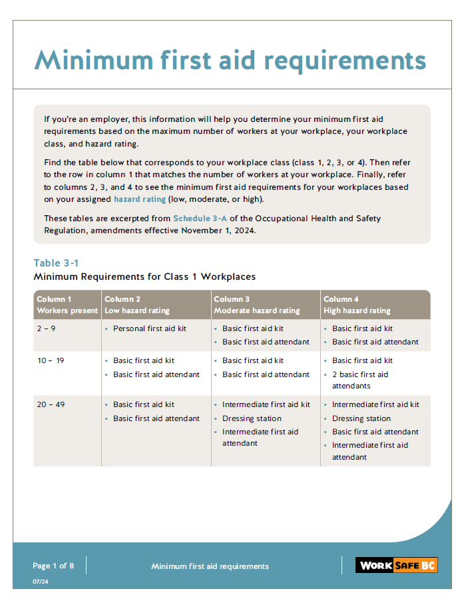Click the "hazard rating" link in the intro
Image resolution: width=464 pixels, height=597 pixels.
tap(140, 199)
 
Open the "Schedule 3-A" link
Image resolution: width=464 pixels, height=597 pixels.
tap(200, 219)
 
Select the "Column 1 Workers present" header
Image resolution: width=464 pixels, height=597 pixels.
tap(67, 305)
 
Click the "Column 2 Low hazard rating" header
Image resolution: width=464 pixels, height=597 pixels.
tap(137, 305)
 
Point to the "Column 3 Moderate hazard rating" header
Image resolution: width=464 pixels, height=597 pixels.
tap(256, 305)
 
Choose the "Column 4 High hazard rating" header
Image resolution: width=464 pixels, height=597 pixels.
tap(357, 305)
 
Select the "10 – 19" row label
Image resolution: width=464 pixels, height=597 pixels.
tap(50, 360)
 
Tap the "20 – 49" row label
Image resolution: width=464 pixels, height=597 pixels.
tap(51, 404)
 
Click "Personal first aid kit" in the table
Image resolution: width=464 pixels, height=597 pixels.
tap(150, 328)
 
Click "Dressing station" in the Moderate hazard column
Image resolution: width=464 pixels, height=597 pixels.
tap(252, 418)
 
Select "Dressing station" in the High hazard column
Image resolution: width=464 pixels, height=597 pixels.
tap(361, 418)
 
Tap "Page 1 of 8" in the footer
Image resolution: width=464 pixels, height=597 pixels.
tap(53, 566)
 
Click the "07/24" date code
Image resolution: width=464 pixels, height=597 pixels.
tap(41, 582)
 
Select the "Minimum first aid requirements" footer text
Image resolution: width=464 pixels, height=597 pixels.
tap(210, 566)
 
